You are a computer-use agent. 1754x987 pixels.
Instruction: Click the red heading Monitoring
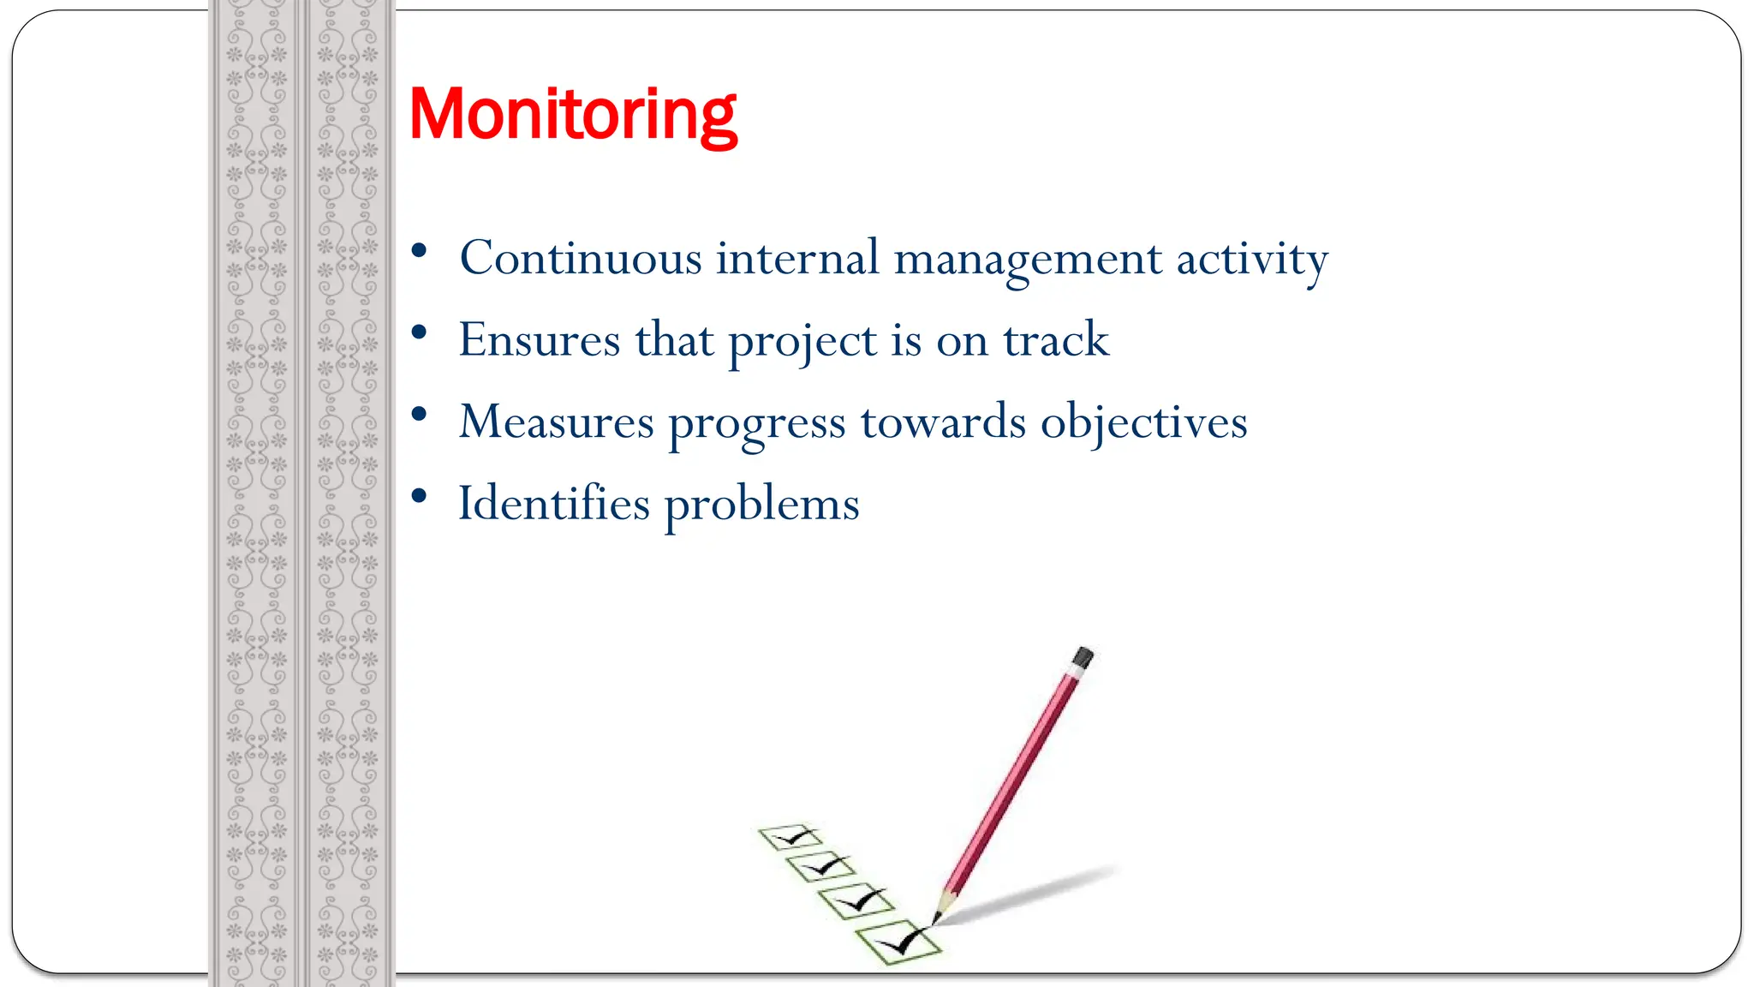pos(572,115)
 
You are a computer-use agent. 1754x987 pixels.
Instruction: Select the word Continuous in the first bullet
pos(580,258)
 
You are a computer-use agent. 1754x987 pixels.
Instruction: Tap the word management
pos(1027,260)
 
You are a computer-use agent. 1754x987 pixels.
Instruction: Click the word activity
pos(1251,260)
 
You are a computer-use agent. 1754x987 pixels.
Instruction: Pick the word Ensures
pos(539,340)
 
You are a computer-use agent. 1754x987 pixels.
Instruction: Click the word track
pos(1056,340)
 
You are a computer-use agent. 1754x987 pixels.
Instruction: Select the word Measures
pos(556,422)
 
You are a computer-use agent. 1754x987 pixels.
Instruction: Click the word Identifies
pos(553,503)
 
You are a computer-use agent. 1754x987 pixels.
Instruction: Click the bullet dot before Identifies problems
pos(419,496)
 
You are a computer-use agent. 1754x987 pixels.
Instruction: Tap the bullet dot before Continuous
pos(419,251)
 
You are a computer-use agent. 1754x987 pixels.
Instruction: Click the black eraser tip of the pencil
pos(1083,657)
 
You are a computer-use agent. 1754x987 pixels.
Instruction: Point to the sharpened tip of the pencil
pos(936,919)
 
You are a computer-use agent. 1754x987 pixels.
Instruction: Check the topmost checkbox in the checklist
pos(790,836)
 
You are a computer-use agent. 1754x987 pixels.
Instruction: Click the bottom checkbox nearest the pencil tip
pos(898,942)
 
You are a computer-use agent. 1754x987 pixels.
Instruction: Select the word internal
pos(797,258)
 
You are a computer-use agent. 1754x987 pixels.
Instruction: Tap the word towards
pos(943,422)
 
